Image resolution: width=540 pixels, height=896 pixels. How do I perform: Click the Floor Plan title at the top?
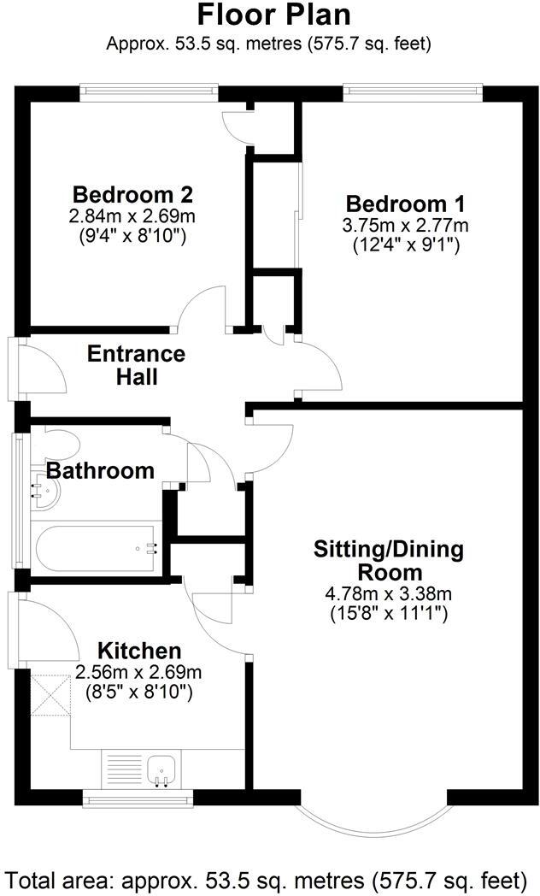[273, 15]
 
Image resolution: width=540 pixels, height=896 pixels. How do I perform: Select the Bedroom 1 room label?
[405, 204]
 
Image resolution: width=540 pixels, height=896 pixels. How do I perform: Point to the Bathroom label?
[100, 470]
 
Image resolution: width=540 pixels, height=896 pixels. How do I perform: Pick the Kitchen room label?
[138, 651]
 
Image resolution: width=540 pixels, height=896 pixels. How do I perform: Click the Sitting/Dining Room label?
[389, 560]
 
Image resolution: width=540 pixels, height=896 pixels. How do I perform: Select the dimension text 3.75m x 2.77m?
[406, 226]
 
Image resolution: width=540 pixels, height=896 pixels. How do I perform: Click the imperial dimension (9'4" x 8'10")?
[132, 233]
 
